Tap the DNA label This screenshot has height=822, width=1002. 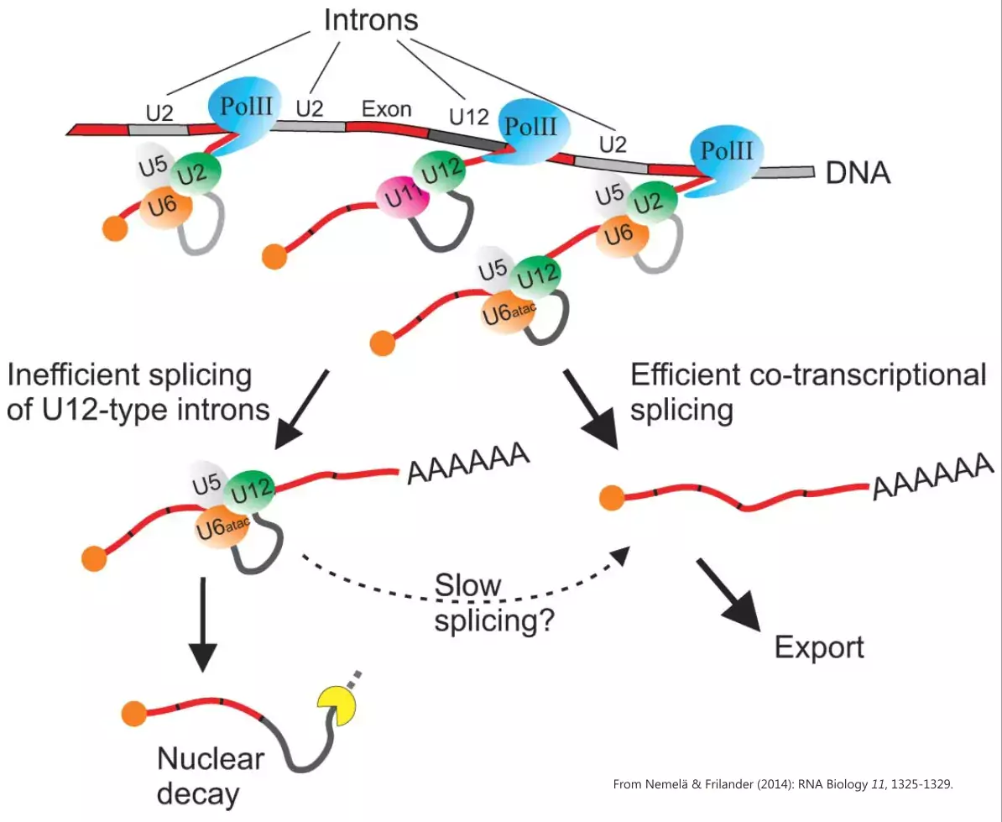tap(858, 173)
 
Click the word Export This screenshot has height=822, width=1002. tap(818, 647)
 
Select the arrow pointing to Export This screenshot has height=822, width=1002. tap(728, 592)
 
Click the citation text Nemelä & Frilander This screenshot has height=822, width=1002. tap(785, 785)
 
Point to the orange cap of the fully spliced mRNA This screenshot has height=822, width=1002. tap(613, 498)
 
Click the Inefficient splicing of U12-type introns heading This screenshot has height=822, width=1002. tap(138, 392)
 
